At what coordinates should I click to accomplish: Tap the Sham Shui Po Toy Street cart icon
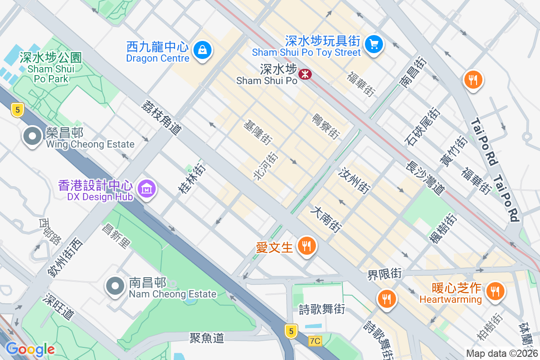click(373, 44)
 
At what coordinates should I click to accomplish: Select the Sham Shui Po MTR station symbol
click(305, 74)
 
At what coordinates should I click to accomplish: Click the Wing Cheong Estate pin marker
click(32, 137)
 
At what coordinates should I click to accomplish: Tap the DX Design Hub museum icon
click(147, 189)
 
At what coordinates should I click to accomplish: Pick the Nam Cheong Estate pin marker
click(115, 286)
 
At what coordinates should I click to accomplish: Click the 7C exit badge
click(315, 341)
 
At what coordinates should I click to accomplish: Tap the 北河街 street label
click(265, 166)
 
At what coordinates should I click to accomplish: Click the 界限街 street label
click(384, 274)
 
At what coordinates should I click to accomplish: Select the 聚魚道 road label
click(207, 338)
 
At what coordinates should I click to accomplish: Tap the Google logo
click(30, 349)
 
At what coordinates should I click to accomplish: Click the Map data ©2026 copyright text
click(501, 354)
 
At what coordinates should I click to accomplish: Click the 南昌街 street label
click(412, 72)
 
